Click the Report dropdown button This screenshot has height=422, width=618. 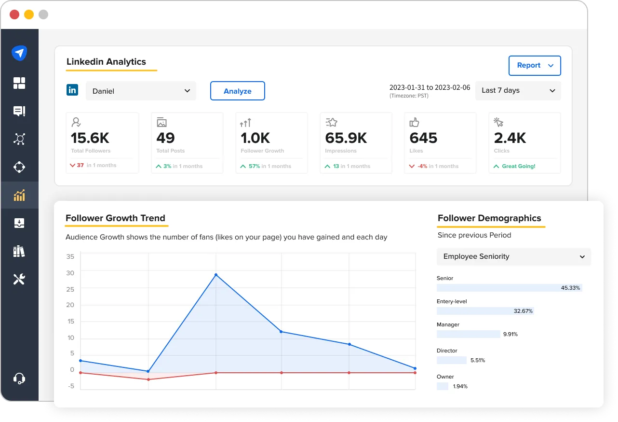tap(535, 66)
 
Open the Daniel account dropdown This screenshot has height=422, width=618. tap(141, 91)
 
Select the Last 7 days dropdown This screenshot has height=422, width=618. tap(518, 91)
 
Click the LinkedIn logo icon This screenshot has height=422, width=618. tap(72, 90)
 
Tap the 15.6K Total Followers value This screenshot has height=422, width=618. tap(90, 138)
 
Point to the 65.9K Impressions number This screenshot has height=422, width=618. tap(346, 138)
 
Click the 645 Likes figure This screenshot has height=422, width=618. tap(423, 138)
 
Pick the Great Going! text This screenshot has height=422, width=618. tap(519, 166)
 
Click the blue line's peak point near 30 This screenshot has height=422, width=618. tap(215, 275)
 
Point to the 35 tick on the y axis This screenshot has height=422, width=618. tap(70, 256)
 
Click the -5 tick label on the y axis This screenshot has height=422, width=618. tap(71, 386)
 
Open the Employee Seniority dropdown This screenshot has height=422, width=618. tap(513, 257)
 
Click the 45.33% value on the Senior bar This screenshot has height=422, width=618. tap(571, 288)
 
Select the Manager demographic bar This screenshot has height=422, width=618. tap(468, 334)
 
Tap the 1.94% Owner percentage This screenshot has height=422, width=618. tap(460, 386)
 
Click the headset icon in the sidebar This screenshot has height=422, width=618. tap(19, 379)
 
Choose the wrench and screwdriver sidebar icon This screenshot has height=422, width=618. tap(19, 279)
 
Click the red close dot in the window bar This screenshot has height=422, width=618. tap(14, 14)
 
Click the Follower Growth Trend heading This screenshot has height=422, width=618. tap(115, 218)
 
